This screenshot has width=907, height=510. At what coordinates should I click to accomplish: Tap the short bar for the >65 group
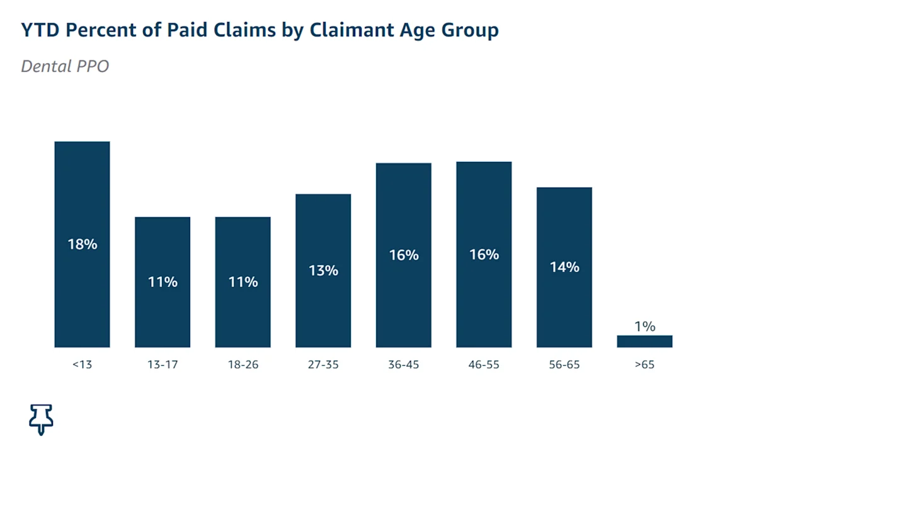(644, 341)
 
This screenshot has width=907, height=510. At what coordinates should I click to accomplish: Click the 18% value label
(83, 244)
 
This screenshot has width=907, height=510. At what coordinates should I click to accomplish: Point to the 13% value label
(323, 271)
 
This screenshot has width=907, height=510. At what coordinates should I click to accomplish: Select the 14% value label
(564, 267)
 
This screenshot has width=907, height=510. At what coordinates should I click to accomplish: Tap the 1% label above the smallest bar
(644, 326)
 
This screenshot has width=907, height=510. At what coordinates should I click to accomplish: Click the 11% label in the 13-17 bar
(163, 282)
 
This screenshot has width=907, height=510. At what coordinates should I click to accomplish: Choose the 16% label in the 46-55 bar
(484, 254)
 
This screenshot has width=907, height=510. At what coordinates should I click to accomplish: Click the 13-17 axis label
(163, 365)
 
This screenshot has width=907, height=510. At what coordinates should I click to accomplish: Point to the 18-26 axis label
(243, 365)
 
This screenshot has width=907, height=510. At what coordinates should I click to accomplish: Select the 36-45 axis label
(404, 365)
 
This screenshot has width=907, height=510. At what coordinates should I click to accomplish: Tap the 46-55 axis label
(484, 365)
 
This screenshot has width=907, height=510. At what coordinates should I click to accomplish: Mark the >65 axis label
(644, 365)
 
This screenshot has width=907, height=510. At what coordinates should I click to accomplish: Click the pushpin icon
(41, 419)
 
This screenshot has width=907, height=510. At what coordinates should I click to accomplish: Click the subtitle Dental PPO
(65, 66)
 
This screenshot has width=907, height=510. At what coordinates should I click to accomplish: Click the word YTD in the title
(41, 30)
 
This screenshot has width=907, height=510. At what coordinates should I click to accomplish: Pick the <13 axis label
(82, 365)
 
